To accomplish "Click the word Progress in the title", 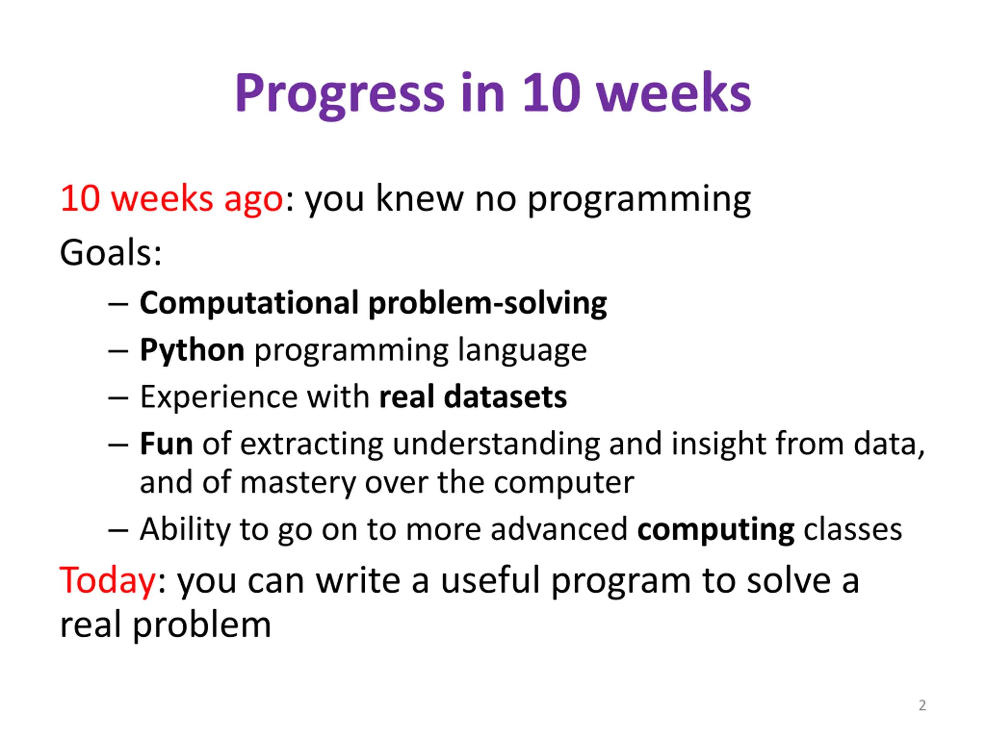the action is click(x=340, y=94).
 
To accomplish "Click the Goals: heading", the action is click(x=111, y=252).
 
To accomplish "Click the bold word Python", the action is click(x=192, y=351).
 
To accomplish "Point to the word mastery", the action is click(x=298, y=483).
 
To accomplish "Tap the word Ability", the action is click(x=185, y=530).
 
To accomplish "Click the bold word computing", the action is click(x=716, y=530).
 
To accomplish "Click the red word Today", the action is click(x=107, y=581).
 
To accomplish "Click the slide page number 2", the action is click(x=922, y=705).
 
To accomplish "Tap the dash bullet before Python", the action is click(x=118, y=351).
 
